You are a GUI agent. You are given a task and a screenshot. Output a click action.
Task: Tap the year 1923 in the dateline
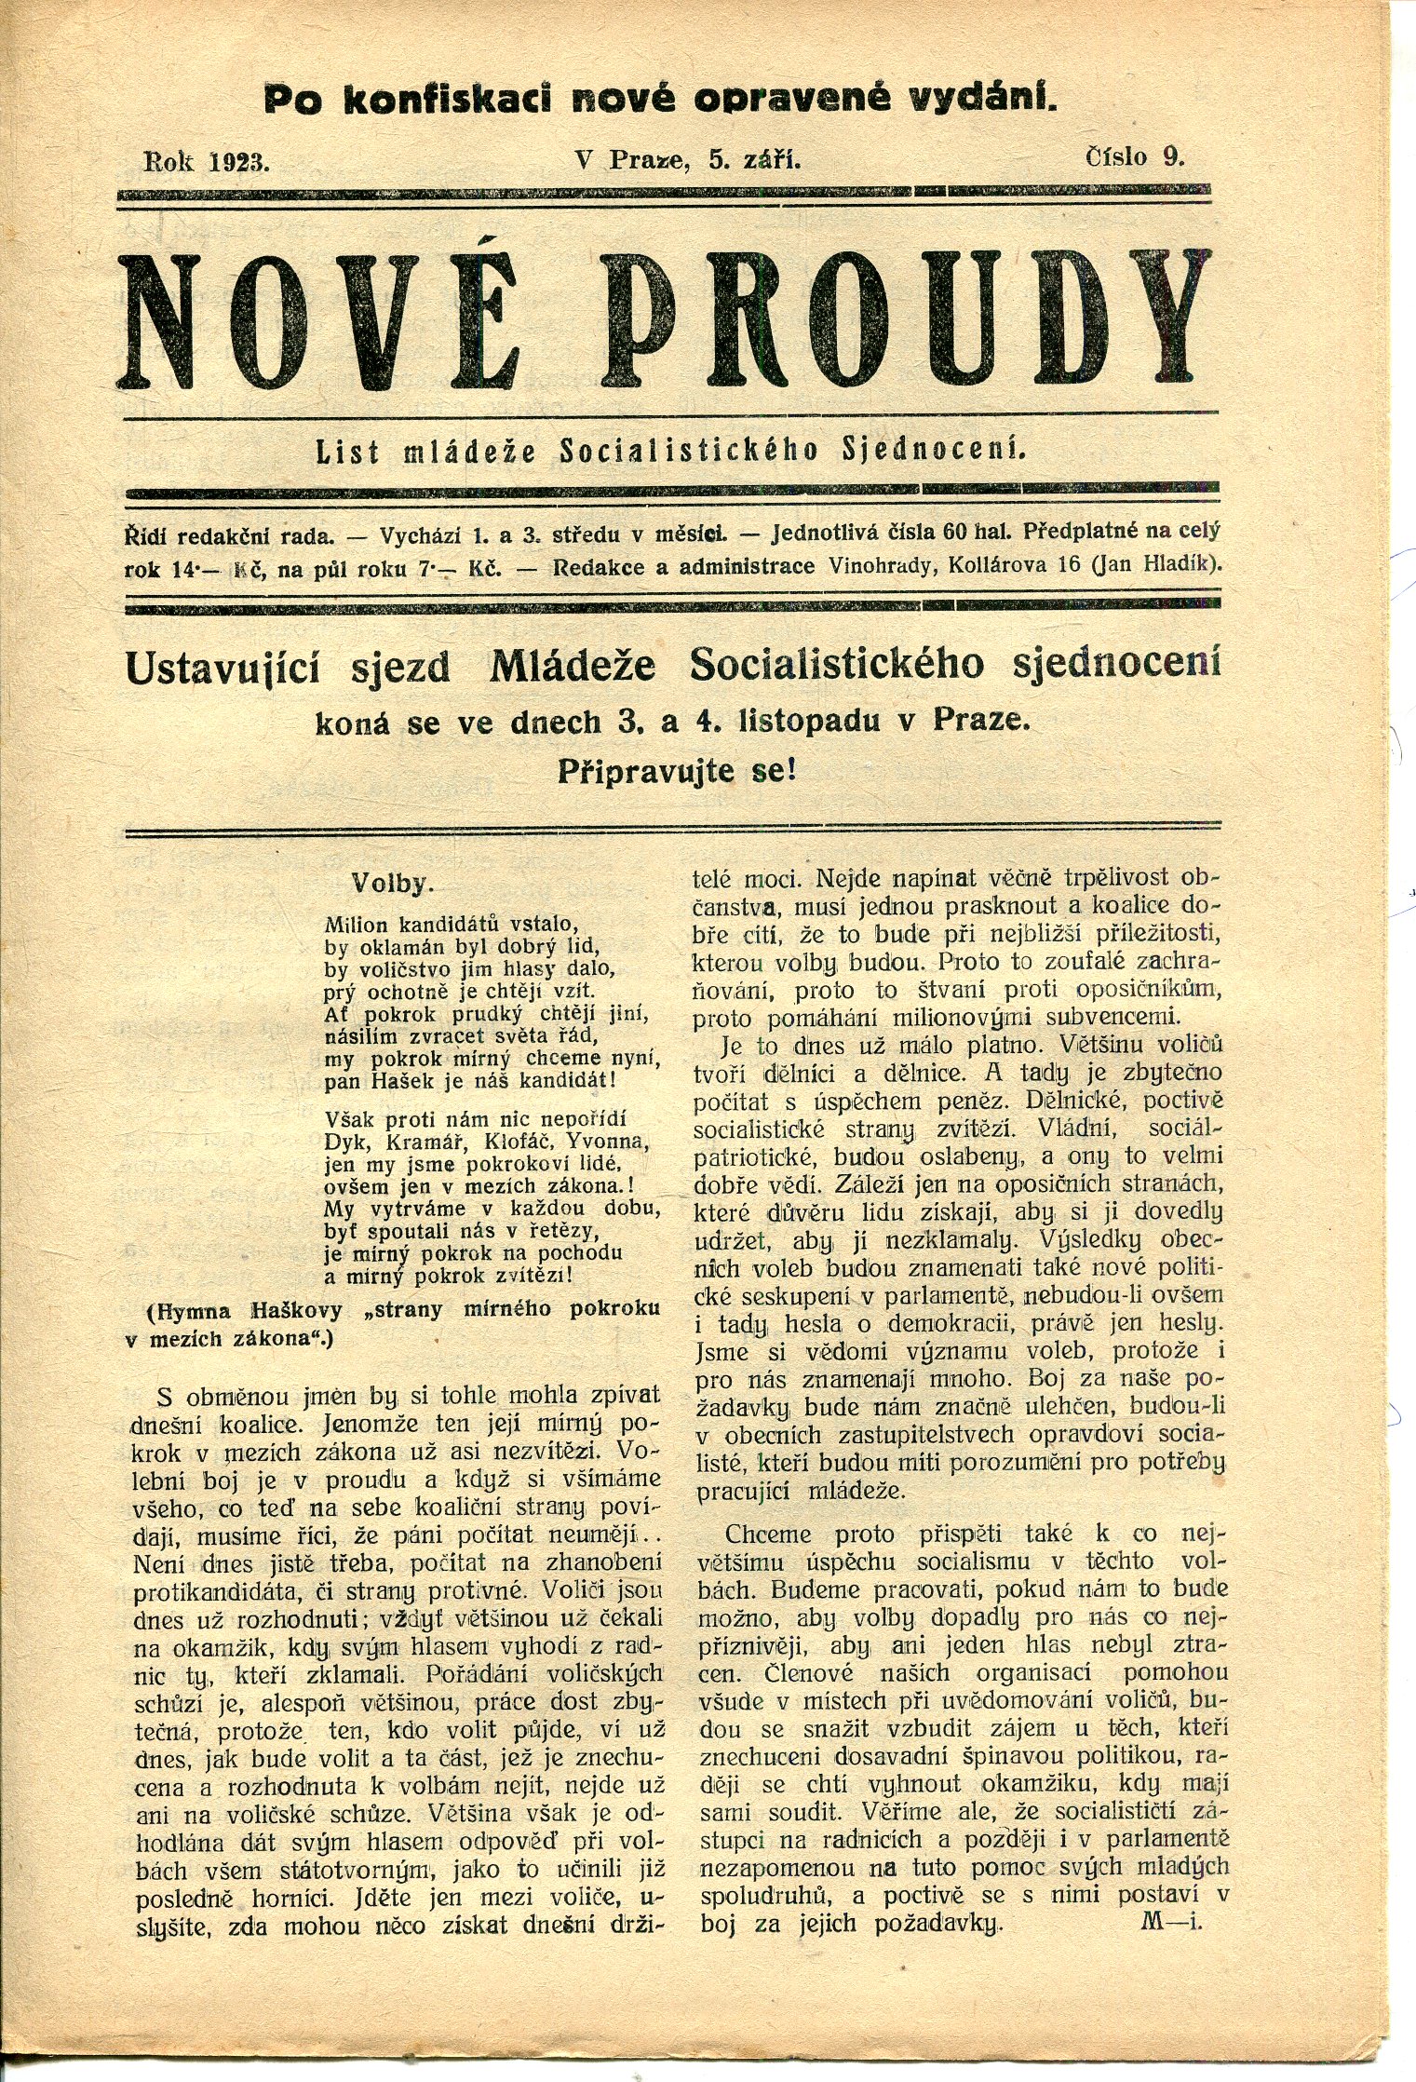coord(239,160)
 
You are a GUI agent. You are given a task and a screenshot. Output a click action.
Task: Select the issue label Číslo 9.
coord(1135,156)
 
